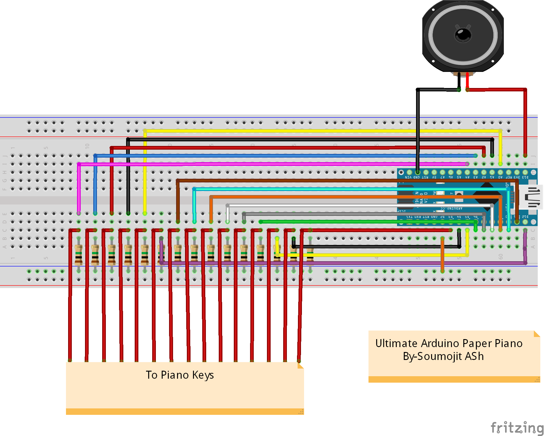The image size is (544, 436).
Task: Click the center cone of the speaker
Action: pyautogui.click(x=463, y=34)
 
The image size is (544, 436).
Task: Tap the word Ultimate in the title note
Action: pyautogui.click(x=396, y=343)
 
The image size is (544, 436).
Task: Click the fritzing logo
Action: pyautogui.click(x=517, y=427)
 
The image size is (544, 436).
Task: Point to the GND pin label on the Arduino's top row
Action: pyautogui.click(x=416, y=177)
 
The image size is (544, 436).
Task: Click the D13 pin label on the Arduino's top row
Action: pyautogui.click(x=525, y=177)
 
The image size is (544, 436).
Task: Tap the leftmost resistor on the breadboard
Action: pyautogui.click(x=79, y=254)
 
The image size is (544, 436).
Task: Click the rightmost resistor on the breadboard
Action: pyautogui.click(x=310, y=254)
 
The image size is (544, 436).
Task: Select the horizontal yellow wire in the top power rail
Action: pyautogui.click(x=307, y=131)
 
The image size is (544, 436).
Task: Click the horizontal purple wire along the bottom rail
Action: pyautogui.click(x=338, y=263)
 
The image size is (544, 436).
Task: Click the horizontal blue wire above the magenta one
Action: pyautogui.click(x=276, y=156)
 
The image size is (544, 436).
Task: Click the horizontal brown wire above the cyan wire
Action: pyautogui.click(x=338, y=181)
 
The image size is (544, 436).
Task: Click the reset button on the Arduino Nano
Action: pyautogui.click(x=459, y=195)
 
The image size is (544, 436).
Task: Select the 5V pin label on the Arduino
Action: pyautogui.click(x=434, y=177)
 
